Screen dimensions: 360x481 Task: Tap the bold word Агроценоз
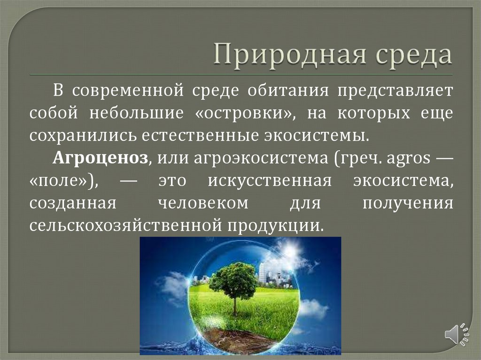coord(101,158)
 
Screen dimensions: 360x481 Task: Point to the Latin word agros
coord(408,158)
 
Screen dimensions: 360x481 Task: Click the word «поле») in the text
coord(64,181)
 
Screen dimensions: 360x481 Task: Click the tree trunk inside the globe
coord(235,305)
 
